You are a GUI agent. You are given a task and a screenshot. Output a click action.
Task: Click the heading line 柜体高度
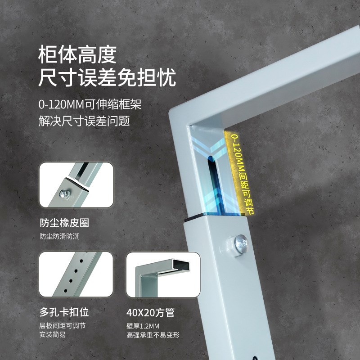[78, 55]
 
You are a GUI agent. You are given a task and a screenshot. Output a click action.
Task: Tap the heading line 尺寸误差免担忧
[107, 78]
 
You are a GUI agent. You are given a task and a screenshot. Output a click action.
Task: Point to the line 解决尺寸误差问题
[84, 121]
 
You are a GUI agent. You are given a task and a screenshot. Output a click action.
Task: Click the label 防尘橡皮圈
[63, 223]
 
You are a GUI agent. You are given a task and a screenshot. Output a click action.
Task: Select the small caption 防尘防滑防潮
[59, 236]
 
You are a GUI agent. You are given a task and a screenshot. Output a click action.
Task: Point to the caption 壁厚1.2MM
[143, 326]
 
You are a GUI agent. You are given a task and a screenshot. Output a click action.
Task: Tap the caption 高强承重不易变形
[153, 335]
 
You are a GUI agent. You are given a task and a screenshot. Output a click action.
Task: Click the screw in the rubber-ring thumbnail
[63, 194]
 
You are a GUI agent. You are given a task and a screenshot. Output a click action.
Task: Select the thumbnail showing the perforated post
[76, 274]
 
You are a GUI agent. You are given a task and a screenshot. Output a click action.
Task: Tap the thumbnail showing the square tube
[162, 274]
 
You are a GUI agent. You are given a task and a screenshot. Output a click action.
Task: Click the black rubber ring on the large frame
[215, 217]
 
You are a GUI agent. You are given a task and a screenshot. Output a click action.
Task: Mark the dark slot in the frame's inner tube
[211, 180]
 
